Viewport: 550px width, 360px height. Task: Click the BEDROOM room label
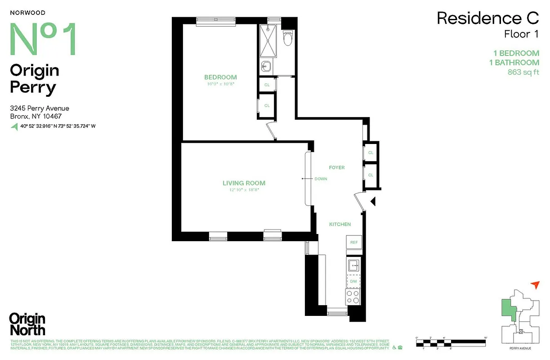(x=220, y=77)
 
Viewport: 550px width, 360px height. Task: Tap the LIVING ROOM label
(x=244, y=183)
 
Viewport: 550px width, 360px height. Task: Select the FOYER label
(x=336, y=167)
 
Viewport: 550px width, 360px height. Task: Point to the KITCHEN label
(x=340, y=224)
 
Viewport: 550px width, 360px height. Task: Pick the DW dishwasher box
(x=353, y=281)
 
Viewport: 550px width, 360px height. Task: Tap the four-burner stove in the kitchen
(x=353, y=297)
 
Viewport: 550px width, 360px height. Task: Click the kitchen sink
(x=353, y=265)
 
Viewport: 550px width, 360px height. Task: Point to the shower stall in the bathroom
(x=268, y=40)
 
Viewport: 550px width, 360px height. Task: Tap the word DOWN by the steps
(x=321, y=179)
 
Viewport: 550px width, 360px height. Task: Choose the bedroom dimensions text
(x=220, y=84)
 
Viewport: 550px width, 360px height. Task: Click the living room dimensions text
(x=244, y=190)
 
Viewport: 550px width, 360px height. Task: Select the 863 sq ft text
(x=523, y=72)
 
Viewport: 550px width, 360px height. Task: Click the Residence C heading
(x=487, y=18)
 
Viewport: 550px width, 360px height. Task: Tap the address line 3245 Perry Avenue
(x=40, y=108)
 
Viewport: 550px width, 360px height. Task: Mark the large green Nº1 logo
(x=43, y=39)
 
